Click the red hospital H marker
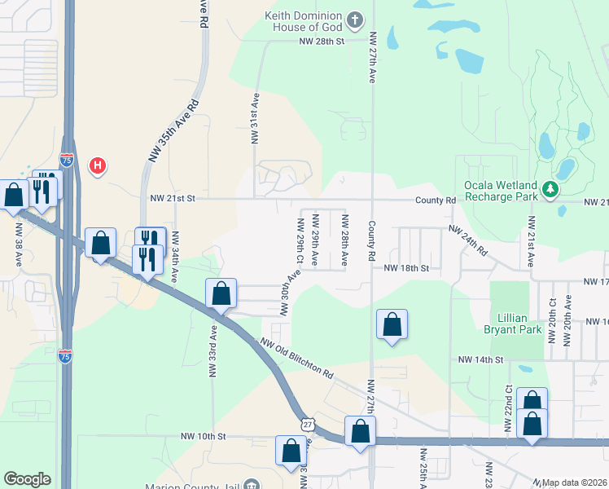98,165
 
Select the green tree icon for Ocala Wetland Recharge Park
551,190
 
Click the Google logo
27,479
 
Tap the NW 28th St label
322,40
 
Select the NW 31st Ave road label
255,119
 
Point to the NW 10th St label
204,437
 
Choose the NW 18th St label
405,267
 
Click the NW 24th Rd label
469,242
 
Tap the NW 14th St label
480,359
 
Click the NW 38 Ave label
19,244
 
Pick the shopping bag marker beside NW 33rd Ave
221,294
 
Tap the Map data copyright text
575,482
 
